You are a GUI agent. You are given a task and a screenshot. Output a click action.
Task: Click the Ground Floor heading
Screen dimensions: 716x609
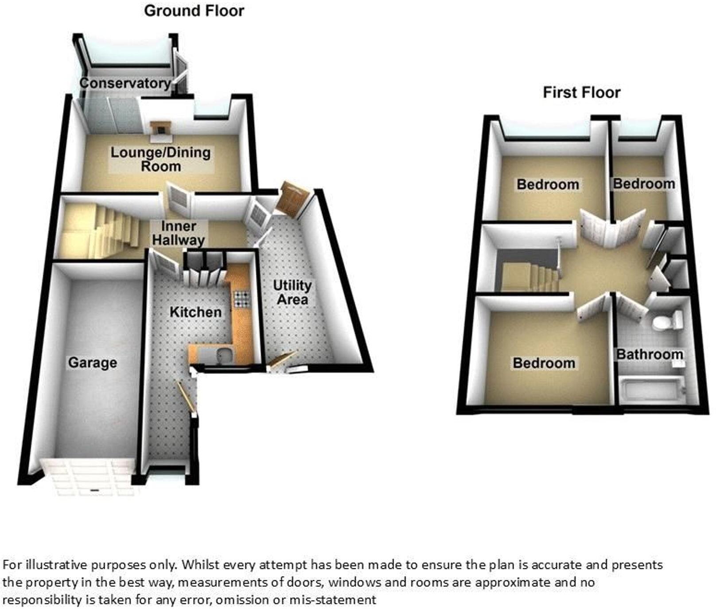194,11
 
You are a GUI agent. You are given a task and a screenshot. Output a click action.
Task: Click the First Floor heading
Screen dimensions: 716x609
581,93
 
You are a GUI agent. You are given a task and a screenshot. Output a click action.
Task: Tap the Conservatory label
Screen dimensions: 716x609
125,83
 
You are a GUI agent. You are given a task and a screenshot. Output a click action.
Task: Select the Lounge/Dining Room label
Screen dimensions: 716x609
160,159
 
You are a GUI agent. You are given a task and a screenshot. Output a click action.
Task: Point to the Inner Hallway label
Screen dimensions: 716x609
178,233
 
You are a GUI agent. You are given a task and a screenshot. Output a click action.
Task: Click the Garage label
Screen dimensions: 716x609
93,363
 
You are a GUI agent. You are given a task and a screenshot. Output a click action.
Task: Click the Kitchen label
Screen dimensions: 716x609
195,312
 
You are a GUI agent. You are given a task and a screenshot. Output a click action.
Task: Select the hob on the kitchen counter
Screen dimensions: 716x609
242,298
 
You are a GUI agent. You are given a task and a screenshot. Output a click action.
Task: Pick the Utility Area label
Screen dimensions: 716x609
292,292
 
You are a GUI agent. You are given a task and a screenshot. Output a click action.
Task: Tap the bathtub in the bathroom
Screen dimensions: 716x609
651,389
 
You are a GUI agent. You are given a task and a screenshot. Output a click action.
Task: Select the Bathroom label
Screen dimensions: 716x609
650,355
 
